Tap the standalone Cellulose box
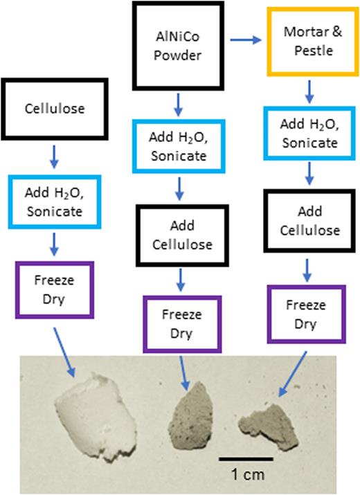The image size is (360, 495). tap(53, 109)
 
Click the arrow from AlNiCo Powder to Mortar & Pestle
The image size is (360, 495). tap(246, 42)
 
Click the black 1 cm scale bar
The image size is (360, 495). tap(245, 458)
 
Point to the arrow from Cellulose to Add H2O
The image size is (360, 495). tap(54, 157)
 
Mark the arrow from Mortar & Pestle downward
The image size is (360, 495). tap(309, 89)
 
